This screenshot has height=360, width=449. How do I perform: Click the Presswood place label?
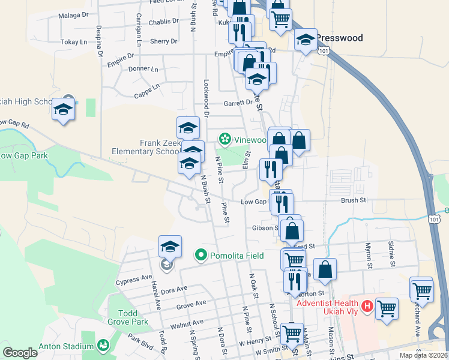pos(340,38)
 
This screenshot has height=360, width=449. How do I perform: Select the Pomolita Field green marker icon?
pos(201,256)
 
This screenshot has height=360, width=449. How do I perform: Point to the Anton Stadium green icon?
pos(103,346)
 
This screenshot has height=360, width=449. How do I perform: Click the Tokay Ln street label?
pos(74,43)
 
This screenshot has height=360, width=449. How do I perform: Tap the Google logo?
pos(20,353)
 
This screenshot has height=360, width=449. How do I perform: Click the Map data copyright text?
pos(423,355)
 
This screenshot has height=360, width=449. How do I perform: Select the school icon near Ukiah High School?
pos(63,109)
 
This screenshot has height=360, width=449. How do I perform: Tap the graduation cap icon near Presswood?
pos(306,40)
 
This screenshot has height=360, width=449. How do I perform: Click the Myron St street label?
pos(369,254)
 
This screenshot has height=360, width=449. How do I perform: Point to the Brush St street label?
pos(353,200)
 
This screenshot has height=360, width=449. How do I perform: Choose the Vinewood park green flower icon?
pos(224,140)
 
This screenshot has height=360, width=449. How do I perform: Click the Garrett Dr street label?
pos(238,103)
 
